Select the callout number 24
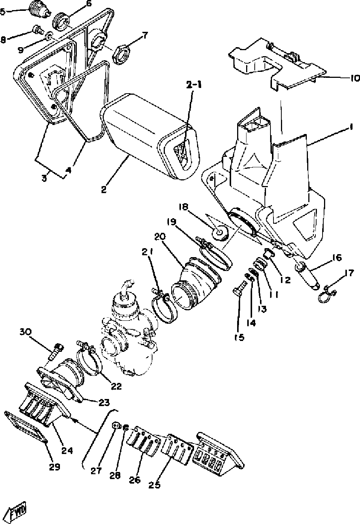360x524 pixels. click(x=67, y=451)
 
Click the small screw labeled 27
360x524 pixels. click(x=116, y=426)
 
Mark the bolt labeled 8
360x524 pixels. click(x=37, y=28)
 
